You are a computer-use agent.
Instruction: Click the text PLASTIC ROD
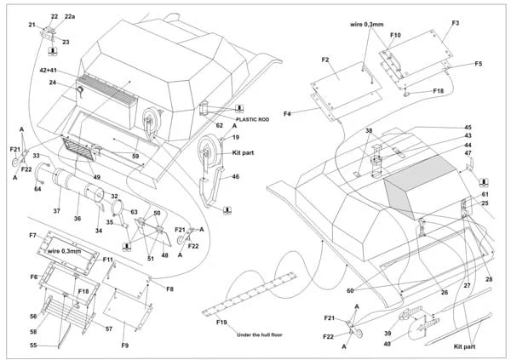[x=252, y=119]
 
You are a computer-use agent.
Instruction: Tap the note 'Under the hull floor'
[x=260, y=334]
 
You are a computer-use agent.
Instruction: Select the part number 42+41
[x=48, y=71]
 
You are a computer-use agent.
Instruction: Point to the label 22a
[x=70, y=16]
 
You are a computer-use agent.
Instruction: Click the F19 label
[x=221, y=323]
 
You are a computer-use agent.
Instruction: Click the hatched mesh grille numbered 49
[x=79, y=149]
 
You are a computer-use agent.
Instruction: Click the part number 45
[x=468, y=127]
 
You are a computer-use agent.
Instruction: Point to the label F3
[x=456, y=23]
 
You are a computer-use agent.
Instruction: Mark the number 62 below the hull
[x=220, y=125]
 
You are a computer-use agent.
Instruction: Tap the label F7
[x=32, y=235]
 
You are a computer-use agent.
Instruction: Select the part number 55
[x=33, y=345]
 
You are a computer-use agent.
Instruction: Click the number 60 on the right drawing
[x=350, y=290]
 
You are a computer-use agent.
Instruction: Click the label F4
[x=287, y=114]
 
